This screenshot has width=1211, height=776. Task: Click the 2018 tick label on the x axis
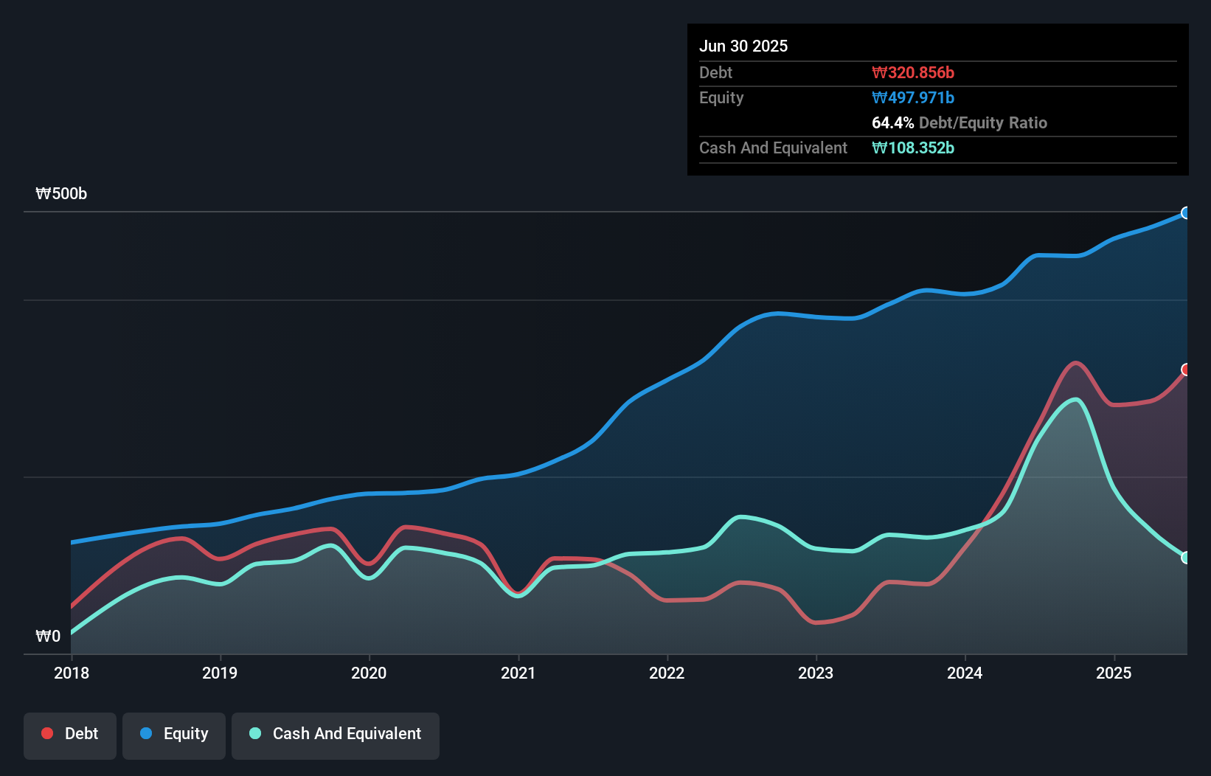point(72,673)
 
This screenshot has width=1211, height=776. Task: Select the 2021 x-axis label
point(518,673)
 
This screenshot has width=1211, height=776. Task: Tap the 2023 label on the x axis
point(816,673)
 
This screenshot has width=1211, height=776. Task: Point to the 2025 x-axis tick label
point(1114,673)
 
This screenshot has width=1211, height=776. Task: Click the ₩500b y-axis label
point(61,194)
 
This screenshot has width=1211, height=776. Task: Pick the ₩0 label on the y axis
point(48,637)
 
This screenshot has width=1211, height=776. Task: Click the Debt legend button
point(70,734)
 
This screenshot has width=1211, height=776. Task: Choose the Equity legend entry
point(174,734)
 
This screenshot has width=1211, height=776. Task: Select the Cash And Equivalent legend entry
point(336,734)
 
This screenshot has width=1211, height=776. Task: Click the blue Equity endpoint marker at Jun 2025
point(1186,213)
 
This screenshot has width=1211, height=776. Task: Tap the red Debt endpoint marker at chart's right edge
point(1186,370)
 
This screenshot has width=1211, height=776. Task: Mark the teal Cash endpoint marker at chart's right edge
point(1186,558)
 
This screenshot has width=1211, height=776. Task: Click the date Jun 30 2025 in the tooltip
point(743,46)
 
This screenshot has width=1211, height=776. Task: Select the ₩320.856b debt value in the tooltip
point(913,72)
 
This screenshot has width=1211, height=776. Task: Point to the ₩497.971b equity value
point(913,97)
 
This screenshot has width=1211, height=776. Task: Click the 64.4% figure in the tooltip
point(892,122)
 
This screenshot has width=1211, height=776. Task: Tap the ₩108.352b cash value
point(913,148)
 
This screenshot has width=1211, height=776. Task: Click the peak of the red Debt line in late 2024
point(1076,363)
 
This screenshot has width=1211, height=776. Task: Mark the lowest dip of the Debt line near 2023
point(816,623)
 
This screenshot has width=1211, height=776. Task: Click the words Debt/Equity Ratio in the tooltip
point(983,122)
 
